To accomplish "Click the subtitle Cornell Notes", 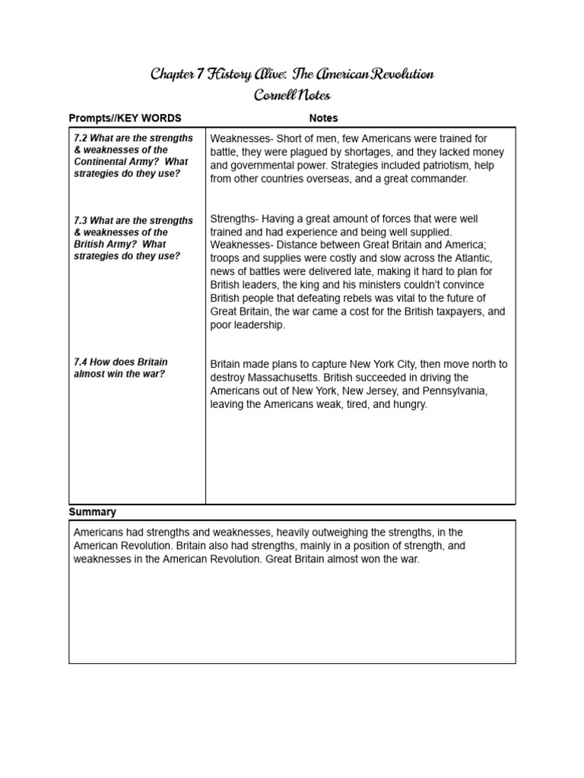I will [293, 96].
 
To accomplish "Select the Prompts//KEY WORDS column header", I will [125, 119].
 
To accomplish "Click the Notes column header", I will [323, 119].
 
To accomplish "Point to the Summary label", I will [92, 512].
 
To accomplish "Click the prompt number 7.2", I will [81, 138].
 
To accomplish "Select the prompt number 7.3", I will [81, 220].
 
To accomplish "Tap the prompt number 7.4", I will [81, 362].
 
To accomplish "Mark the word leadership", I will [259, 325].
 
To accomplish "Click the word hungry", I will [409, 405].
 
